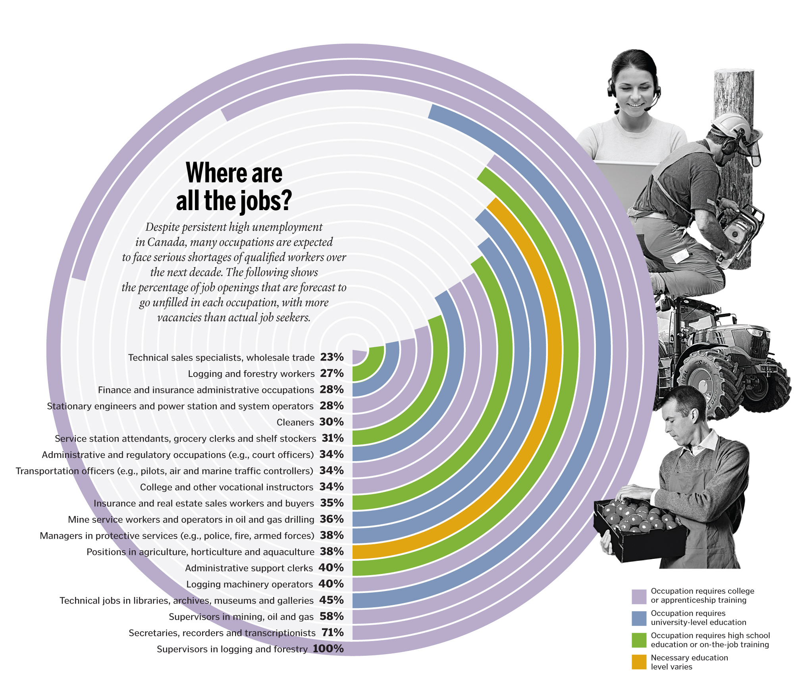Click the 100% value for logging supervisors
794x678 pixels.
point(328,649)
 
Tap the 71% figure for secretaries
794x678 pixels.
point(333,633)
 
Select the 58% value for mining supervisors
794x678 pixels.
point(332,616)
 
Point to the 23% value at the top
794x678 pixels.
point(332,357)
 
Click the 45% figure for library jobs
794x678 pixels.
point(332,600)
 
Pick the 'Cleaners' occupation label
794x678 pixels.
point(295,422)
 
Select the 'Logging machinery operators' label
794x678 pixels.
point(250,584)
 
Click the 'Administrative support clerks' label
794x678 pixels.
point(249,568)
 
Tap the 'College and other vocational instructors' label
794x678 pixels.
point(227,487)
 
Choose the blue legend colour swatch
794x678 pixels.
point(639,618)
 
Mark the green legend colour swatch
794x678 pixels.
point(639,640)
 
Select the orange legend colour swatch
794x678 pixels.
point(639,662)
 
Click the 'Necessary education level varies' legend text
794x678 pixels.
point(689,662)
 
